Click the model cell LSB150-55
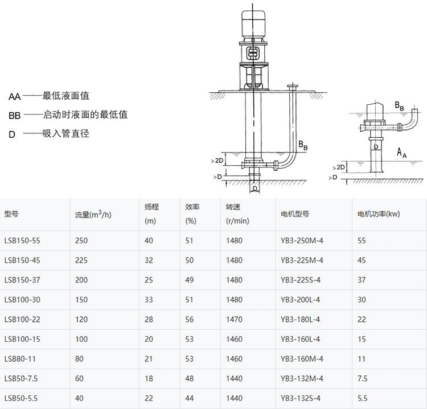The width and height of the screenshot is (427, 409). (22, 240)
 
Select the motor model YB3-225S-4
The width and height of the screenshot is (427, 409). (301, 280)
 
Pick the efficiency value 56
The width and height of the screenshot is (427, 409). (189, 320)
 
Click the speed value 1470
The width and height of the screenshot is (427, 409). (234, 320)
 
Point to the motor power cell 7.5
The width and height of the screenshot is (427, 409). (363, 378)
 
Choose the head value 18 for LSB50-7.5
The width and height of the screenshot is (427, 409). (149, 378)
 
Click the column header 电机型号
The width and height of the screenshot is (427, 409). (295, 214)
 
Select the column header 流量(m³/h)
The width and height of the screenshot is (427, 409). (93, 214)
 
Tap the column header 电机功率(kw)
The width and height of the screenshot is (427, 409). (379, 214)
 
